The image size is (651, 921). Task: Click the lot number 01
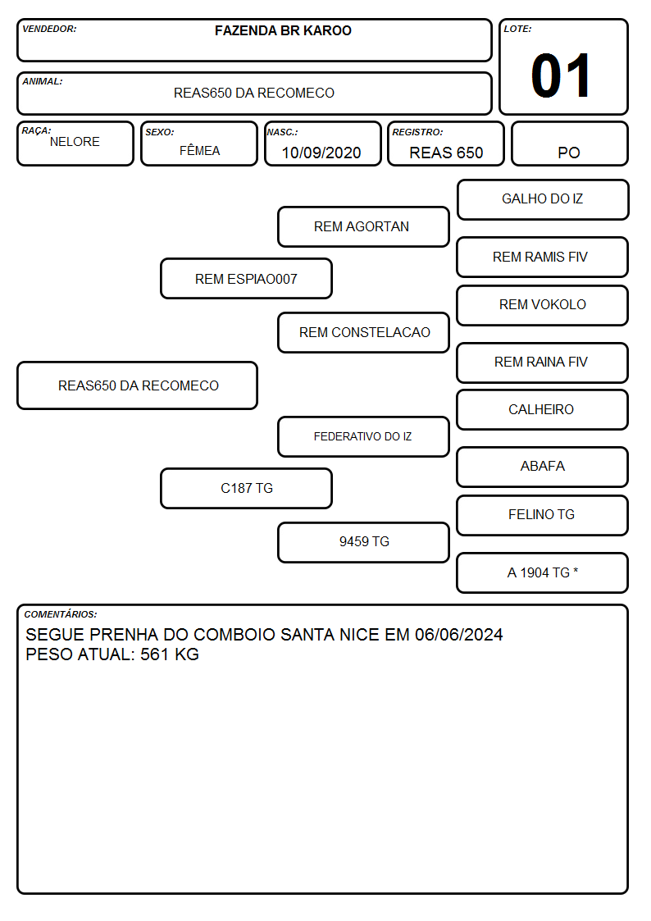(x=561, y=75)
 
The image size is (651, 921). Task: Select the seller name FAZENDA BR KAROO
(x=283, y=30)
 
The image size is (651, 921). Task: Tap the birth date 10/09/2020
(x=321, y=153)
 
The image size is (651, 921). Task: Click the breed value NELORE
(x=75, y=142)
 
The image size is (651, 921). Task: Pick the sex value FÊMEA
(x=199, y=150)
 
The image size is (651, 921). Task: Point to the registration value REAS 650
(x=446, y=153)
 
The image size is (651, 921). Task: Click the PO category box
(x=569, y=144)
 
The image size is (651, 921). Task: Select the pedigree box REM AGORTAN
(x=363, y=226)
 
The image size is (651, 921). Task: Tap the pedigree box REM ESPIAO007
(x=247, y=278)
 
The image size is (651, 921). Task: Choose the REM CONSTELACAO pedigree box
(x=363, y=332)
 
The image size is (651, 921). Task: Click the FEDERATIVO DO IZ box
(x=363, y=436)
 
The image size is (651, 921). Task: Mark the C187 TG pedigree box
(x=247, y=488)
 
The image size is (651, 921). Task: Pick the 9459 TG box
(x=363, y=542)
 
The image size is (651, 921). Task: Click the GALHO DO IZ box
(x=543, y=200)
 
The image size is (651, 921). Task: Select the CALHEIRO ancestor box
(x=543, y=409)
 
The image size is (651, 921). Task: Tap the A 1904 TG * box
(x=543, y=572)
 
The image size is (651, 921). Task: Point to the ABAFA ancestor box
(x=543, y=467)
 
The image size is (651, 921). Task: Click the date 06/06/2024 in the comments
(x=458, y=634)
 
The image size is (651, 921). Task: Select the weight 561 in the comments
(x=153, y=654)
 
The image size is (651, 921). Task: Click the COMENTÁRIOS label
(x=61, y=614)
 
